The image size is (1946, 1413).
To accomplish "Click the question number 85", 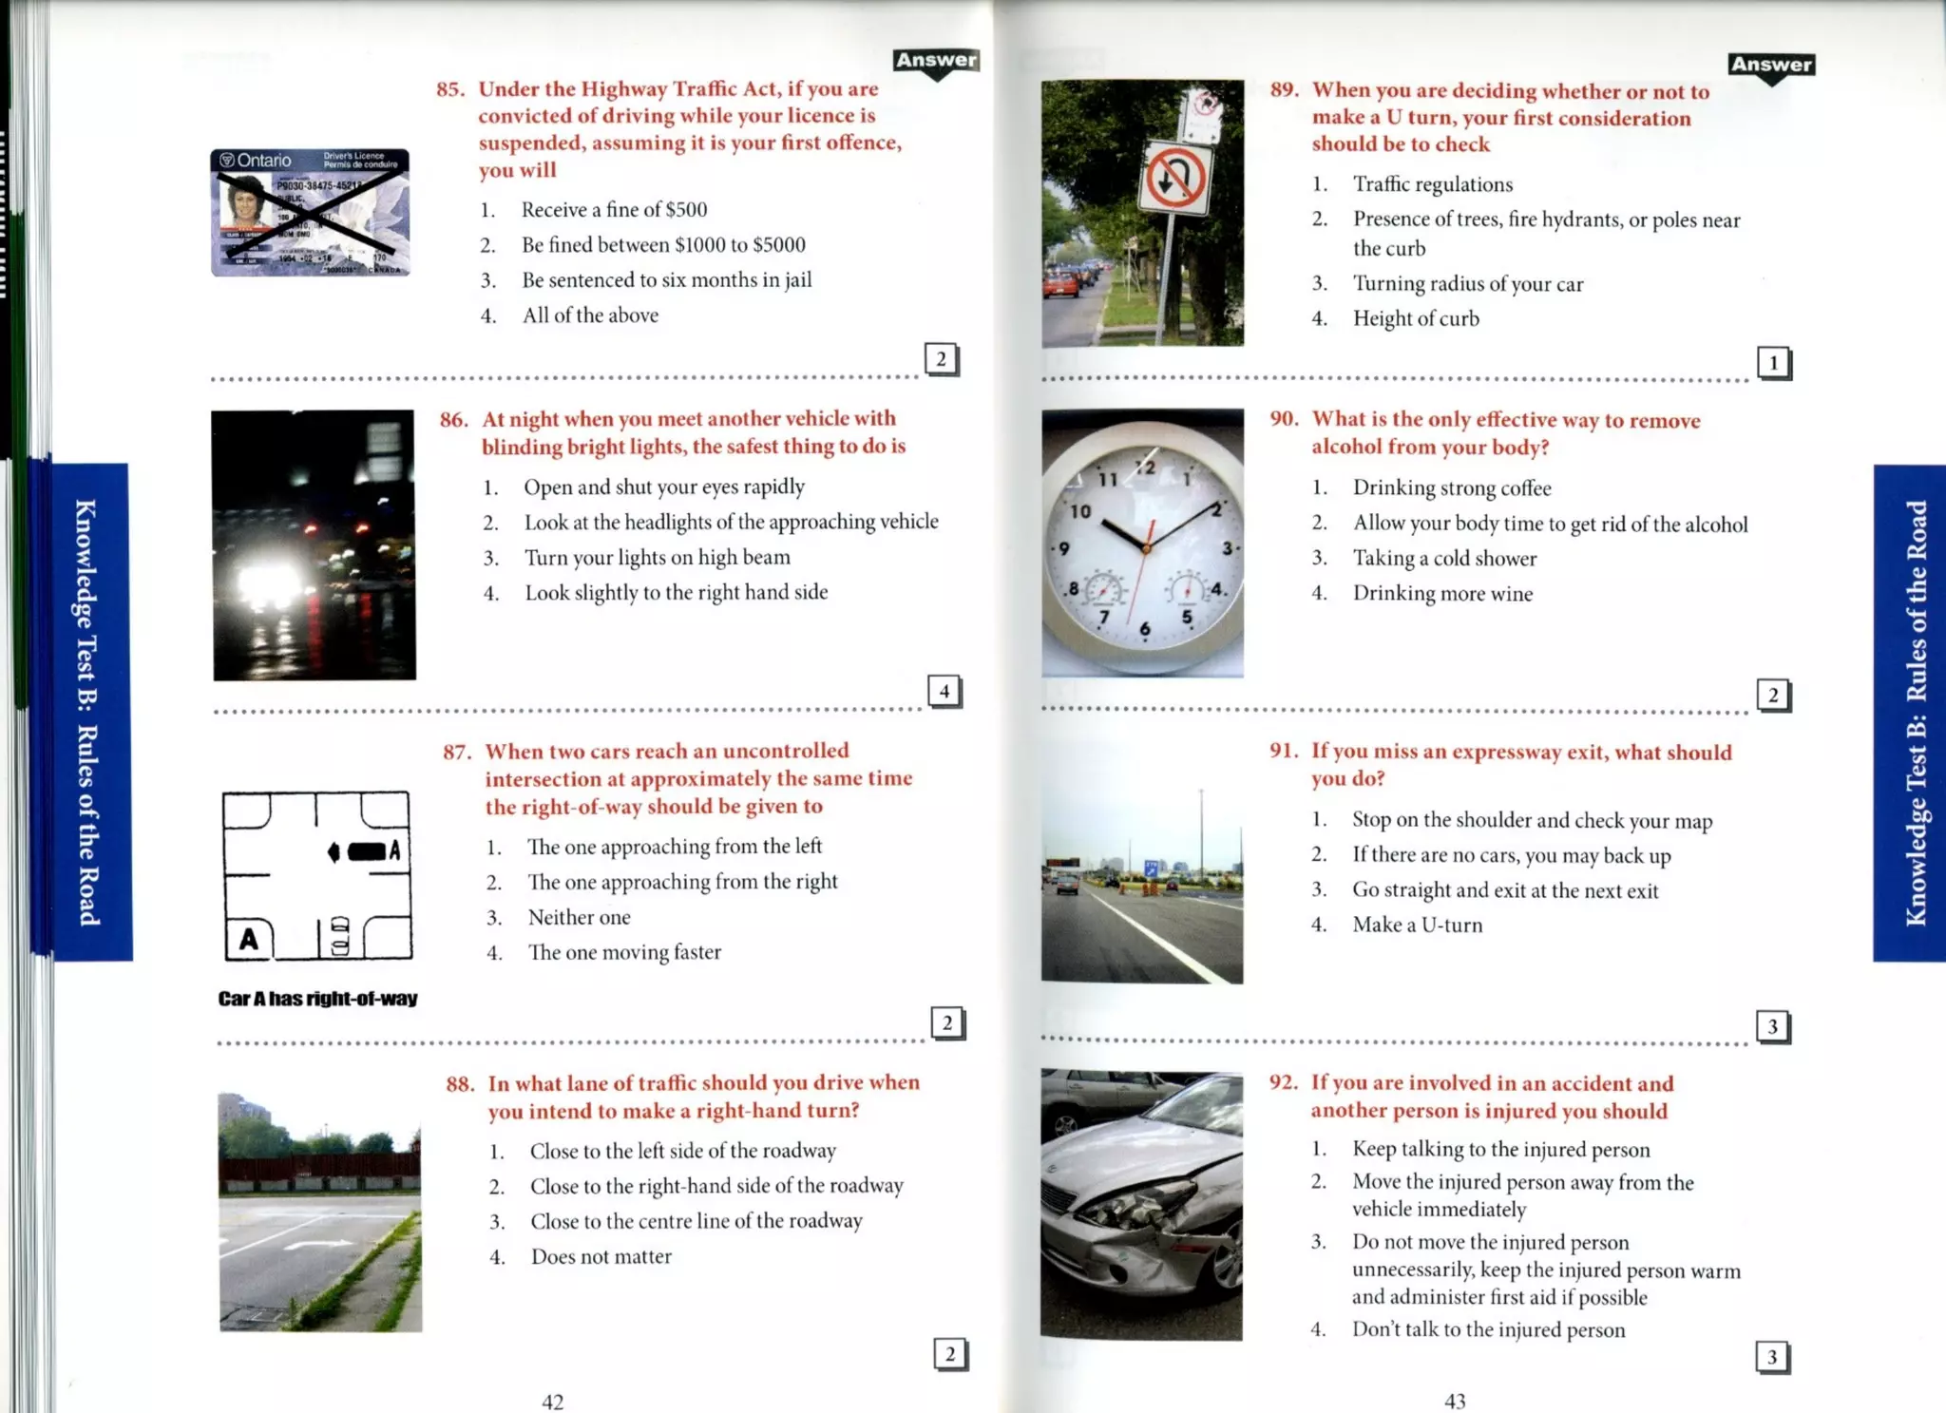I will click(450, 89).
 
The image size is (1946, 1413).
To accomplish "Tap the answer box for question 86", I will click(944, 692).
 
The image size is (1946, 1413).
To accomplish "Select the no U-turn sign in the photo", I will click(1174, 179).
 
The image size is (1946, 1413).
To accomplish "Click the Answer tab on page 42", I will click(936, 61).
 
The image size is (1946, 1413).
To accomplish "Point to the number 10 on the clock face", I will click(1080, 512).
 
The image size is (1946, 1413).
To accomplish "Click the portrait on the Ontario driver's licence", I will click(245, 201).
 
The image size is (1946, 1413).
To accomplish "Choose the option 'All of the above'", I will click(589, 315).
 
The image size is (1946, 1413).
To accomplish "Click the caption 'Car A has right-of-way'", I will click(317, 999).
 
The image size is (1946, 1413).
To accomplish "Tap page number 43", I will click(1454, 1401).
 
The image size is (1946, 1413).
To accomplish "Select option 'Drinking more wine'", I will click(1441, 594).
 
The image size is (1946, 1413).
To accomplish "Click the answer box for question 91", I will click(1772, 1026).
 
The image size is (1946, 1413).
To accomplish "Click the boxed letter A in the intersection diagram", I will click(248, 939).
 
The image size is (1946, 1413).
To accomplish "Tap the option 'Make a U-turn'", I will click(1417, 926).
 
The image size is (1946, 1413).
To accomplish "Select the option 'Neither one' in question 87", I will click(579, 918).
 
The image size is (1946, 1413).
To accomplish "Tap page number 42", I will click(552, 1402).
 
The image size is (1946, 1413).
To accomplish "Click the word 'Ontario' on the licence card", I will click(263, 161).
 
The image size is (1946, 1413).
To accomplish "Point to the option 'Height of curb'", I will click(1416, 319).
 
